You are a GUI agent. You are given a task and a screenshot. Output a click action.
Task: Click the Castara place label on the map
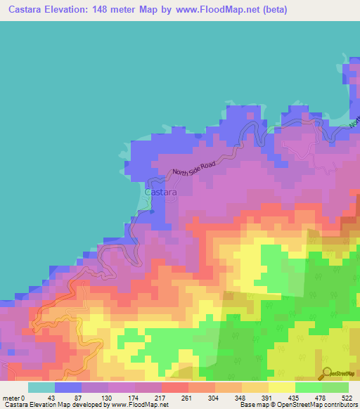pos(160,191)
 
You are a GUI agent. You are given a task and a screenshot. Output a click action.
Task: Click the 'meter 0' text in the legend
pos(14,396)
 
